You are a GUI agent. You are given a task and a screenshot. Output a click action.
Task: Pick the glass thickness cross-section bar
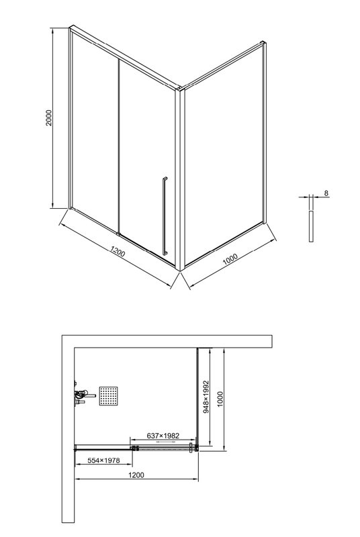(x=311, y=226)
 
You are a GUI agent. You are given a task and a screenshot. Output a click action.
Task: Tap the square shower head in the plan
(x=109, y=395)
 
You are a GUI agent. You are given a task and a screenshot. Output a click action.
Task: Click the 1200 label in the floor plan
(x=135, y=476)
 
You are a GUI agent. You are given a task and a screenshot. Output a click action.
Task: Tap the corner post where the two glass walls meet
(x=179, y=181)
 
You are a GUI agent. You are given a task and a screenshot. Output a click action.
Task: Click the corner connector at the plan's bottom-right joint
(x=195, y=448)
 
